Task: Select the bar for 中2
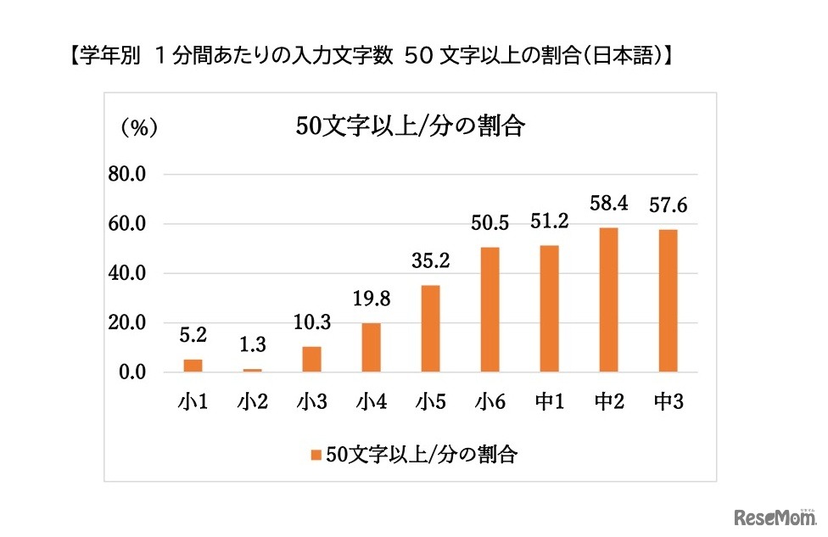click(x=607, y=299)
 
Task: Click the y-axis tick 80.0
click(x=127, y=175)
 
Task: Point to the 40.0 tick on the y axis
click(x=127, y=274)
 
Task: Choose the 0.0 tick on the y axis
click(x=131, y=372)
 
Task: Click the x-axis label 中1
click(x=550, y=402)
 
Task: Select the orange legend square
click(x=316, y=455)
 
